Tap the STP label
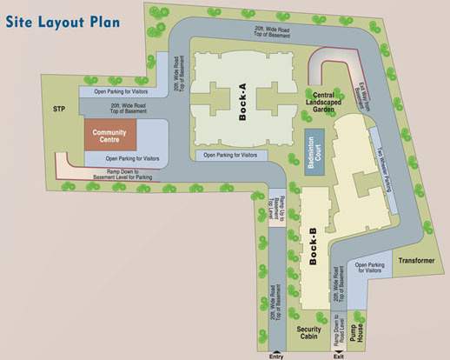pyautogui.click(x=59, y=110)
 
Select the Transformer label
pyautogui.click(x=416, y=261)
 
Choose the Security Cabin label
pyautogui.click(x=310, y=334)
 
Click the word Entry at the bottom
pyautogui.click(x=275, y=355)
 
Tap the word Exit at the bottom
pyautogui.click(x=341, y=355)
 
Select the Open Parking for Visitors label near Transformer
pyautogui.click(x=370, y=267)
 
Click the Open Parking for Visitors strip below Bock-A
pyautogui.click(x=230, y=155)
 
